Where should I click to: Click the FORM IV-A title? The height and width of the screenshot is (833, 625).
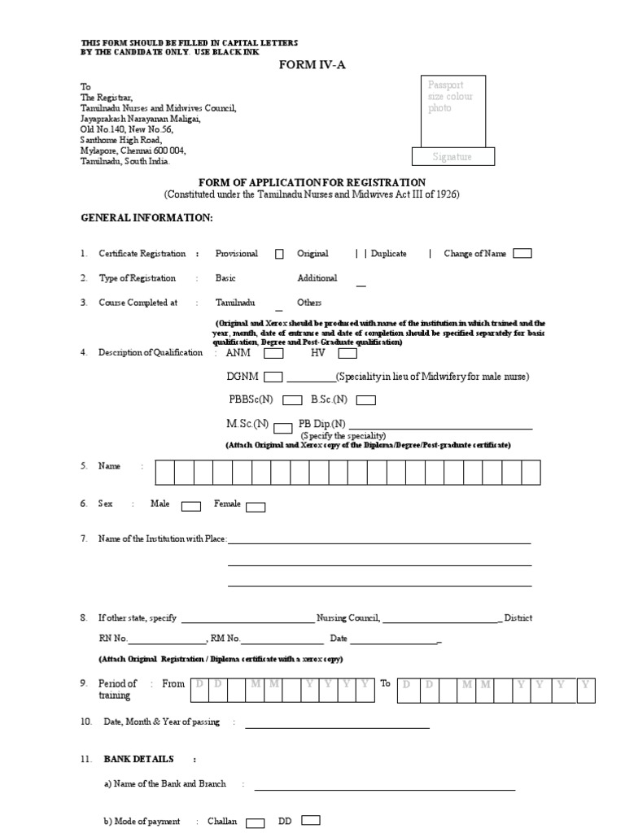tap(312, 65)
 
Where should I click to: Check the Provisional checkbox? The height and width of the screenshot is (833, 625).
tap(279, 254)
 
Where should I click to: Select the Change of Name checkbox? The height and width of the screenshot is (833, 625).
tap(522, 253)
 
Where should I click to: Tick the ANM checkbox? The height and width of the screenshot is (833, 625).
tap(274, 354)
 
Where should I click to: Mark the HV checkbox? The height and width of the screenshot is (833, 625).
tap(347, 354)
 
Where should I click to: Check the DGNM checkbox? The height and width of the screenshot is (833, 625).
tap(273, 377)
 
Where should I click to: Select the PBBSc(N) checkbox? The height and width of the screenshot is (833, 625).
tap(290, 400)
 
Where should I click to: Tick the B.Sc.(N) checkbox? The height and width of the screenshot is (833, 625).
tap(366, 400)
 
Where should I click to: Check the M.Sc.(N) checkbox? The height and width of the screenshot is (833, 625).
tap(283, 427)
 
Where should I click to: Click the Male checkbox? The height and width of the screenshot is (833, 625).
tap(191, 507)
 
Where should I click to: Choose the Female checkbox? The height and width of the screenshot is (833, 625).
tap(256, 507)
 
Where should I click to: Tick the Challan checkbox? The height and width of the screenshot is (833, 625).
tap(256, 822)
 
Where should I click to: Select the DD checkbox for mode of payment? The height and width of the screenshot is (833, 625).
tap(311, 820)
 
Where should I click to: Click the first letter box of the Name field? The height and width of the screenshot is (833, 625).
tap(164, 472)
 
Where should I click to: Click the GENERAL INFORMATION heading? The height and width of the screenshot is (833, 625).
tap(146, 219)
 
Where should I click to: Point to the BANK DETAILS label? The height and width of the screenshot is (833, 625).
tap(138, 759)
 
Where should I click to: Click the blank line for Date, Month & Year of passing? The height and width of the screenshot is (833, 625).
tap(343, 726)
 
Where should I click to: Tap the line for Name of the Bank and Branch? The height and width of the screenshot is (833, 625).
tap(385, 788)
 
